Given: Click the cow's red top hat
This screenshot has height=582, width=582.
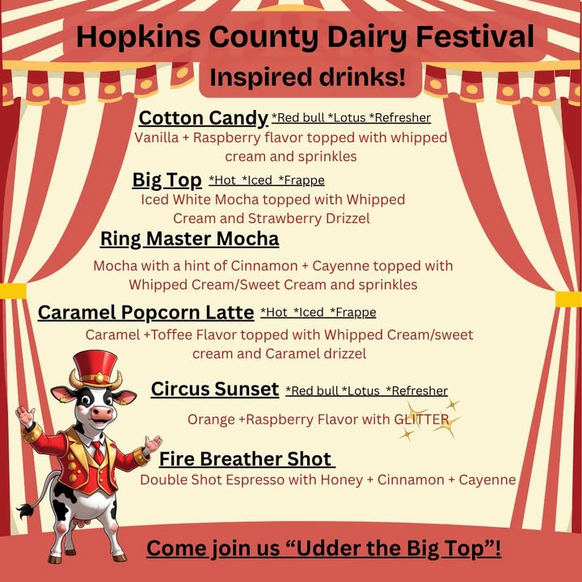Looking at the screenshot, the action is [x=95, y=369].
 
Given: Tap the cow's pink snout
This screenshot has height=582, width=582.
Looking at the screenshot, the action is [x=102, y=412].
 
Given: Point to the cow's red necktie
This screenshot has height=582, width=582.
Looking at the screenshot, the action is [x=99, y=453].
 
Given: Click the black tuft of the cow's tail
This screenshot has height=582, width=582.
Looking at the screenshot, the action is [x=25, y=511].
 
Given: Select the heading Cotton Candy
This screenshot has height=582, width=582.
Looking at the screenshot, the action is [x=204, y=118].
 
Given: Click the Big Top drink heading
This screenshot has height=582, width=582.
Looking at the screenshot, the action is [x=167, y=180].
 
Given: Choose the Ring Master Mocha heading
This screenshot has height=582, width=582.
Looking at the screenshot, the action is [x=190, y=238].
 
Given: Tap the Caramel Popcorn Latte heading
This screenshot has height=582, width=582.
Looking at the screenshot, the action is [x=145, y=313].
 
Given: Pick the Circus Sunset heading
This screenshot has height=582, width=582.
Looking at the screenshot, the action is [x=215, y=390].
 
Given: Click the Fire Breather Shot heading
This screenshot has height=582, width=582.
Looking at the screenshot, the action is [x=246, y=459].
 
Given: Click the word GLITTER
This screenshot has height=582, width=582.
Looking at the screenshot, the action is [x=422, y=420].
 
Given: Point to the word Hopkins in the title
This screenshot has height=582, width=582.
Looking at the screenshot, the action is [x=138, y=37].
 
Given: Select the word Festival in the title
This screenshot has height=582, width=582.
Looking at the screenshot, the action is [x=474, y=36].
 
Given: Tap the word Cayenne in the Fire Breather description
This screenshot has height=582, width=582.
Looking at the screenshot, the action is [x=487, y=480].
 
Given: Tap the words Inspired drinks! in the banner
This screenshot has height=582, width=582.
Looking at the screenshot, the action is [x=307, y=78].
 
